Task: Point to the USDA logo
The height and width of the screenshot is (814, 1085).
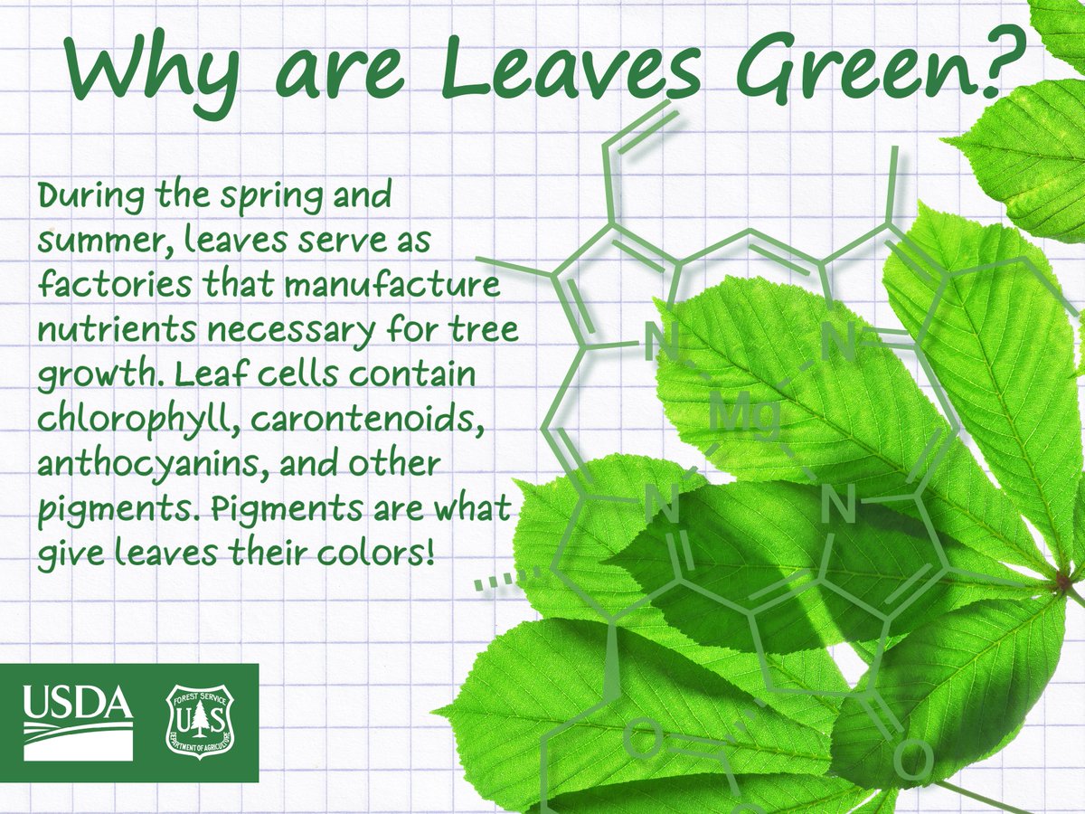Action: point(78,723)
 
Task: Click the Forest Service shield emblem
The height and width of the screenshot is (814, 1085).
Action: point(200,723)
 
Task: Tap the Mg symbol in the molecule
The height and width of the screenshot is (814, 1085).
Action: point(745,417)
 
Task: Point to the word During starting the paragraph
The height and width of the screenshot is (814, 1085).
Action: point(91,195)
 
